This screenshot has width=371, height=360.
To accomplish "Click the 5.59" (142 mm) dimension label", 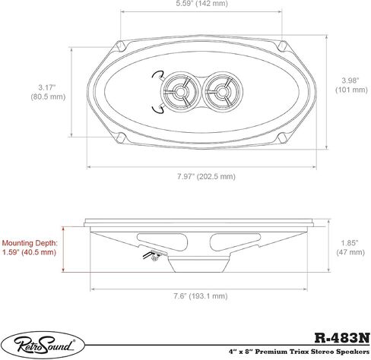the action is (x=202, y=4).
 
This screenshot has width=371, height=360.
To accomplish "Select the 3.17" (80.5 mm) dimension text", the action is (x=48, y=92).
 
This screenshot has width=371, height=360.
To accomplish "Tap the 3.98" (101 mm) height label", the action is (x=351, y=85).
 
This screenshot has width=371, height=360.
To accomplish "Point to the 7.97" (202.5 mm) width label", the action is (x=206, y=176).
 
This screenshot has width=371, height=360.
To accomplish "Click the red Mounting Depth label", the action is (x=30, y=248).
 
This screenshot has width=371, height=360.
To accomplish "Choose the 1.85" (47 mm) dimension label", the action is (x=350, y=248).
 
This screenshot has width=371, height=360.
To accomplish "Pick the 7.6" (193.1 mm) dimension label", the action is (x=201, y=295).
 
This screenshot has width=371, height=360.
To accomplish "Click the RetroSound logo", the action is (x=44, y=346).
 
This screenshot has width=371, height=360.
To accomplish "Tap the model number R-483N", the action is (x=342, y=338).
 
